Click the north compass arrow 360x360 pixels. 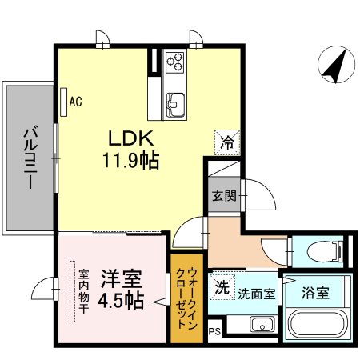click(334, 66)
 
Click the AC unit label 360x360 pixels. click(76, 102)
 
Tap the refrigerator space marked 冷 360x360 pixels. click(227, 144)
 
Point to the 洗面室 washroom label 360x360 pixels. click(256, 293)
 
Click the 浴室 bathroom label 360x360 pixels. click(314, 292)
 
